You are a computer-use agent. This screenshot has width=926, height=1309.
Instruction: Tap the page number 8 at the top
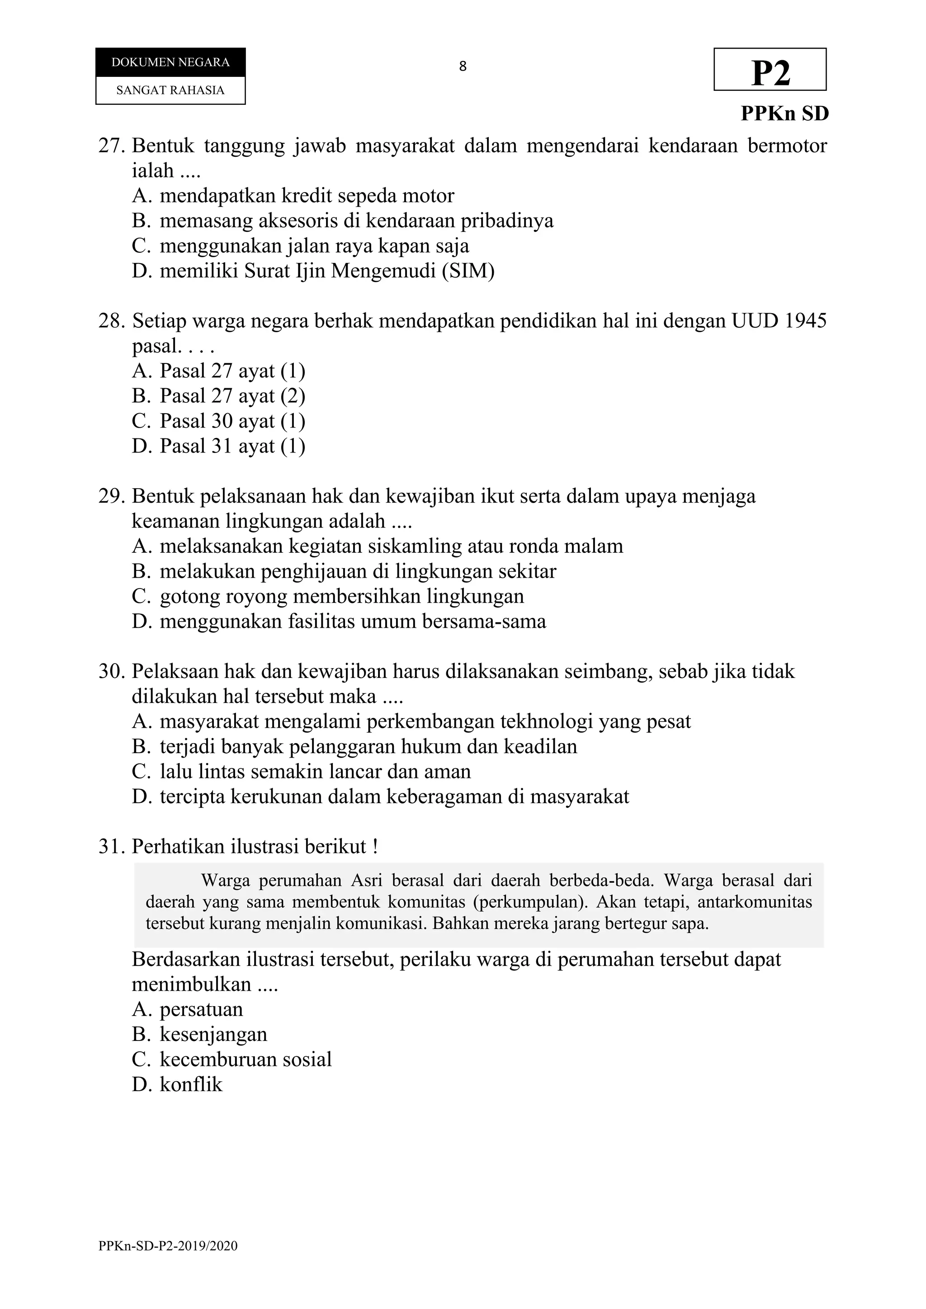point(463,67)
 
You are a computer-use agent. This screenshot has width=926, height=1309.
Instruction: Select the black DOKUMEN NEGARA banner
point(170,62)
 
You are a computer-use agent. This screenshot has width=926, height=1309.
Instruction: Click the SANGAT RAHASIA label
point(170,90)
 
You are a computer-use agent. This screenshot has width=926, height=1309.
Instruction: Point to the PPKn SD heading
point(784,113)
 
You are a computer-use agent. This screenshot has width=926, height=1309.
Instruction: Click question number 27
point(111,146)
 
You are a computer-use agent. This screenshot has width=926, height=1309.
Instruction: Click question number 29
point(111,496)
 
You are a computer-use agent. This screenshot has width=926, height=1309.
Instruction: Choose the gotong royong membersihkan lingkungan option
point(341,596)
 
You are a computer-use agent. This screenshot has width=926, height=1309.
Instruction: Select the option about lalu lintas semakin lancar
point(315,772)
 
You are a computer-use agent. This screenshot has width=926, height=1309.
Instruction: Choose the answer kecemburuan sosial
point(245,1059)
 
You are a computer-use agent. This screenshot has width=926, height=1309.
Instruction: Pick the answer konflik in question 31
point(190,1084)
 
